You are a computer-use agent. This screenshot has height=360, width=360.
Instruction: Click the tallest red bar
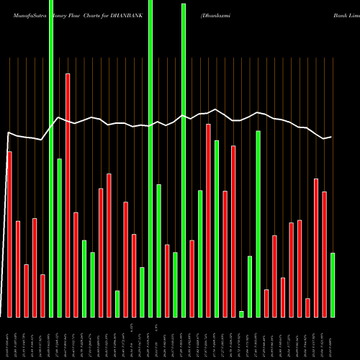[x=68, y=194]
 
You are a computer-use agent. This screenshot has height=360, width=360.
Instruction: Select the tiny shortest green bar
[x=241, y=314]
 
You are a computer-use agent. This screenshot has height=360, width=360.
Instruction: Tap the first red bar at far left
[x=9, y=234]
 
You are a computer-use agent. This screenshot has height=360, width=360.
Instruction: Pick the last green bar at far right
[x=332, y=284]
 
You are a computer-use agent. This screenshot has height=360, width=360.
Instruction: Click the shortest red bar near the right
[x=307, y=307]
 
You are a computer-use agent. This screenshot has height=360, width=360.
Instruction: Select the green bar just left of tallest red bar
[x=59, y=238]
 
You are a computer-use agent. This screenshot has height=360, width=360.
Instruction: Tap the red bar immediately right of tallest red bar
[x=76, y=264]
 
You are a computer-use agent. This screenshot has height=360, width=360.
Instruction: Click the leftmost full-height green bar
[x=51, y=158]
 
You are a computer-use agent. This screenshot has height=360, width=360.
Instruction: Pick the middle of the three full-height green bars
[x=150, y=158]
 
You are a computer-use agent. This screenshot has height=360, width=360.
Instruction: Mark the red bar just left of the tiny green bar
[x=233, y=231]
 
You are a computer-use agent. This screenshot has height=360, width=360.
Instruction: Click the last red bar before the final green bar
[x=324, y=254]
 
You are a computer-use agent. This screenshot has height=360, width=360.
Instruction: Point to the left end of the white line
[x=8, y=133]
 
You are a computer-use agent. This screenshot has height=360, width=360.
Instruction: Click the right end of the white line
[x=331, y=137]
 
